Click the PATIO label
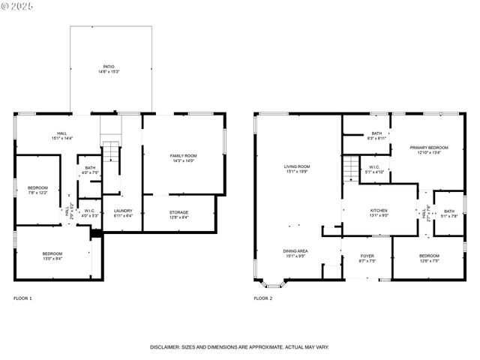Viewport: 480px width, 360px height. point(109,66)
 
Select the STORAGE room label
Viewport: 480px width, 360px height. point(178,212)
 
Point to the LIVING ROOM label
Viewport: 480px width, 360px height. point(297,166)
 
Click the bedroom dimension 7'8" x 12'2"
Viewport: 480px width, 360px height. point(38,193)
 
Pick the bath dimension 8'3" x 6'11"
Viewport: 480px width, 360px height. point(376,138)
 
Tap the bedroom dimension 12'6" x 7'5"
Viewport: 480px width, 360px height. point(428,260)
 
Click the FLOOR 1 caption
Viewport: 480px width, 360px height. point(23,298)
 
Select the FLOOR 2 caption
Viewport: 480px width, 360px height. point(262,298)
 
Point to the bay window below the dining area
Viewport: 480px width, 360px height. point(271,284)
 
